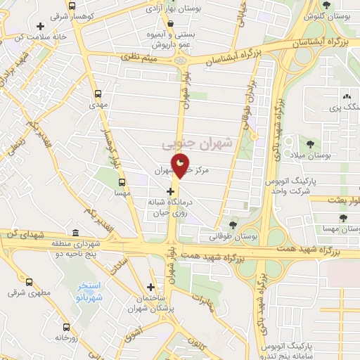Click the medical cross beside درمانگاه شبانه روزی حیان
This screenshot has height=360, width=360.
pos(170,191)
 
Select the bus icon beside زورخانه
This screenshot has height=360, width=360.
pos(67,327)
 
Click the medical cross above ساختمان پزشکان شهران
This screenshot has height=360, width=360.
pos(151,287)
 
